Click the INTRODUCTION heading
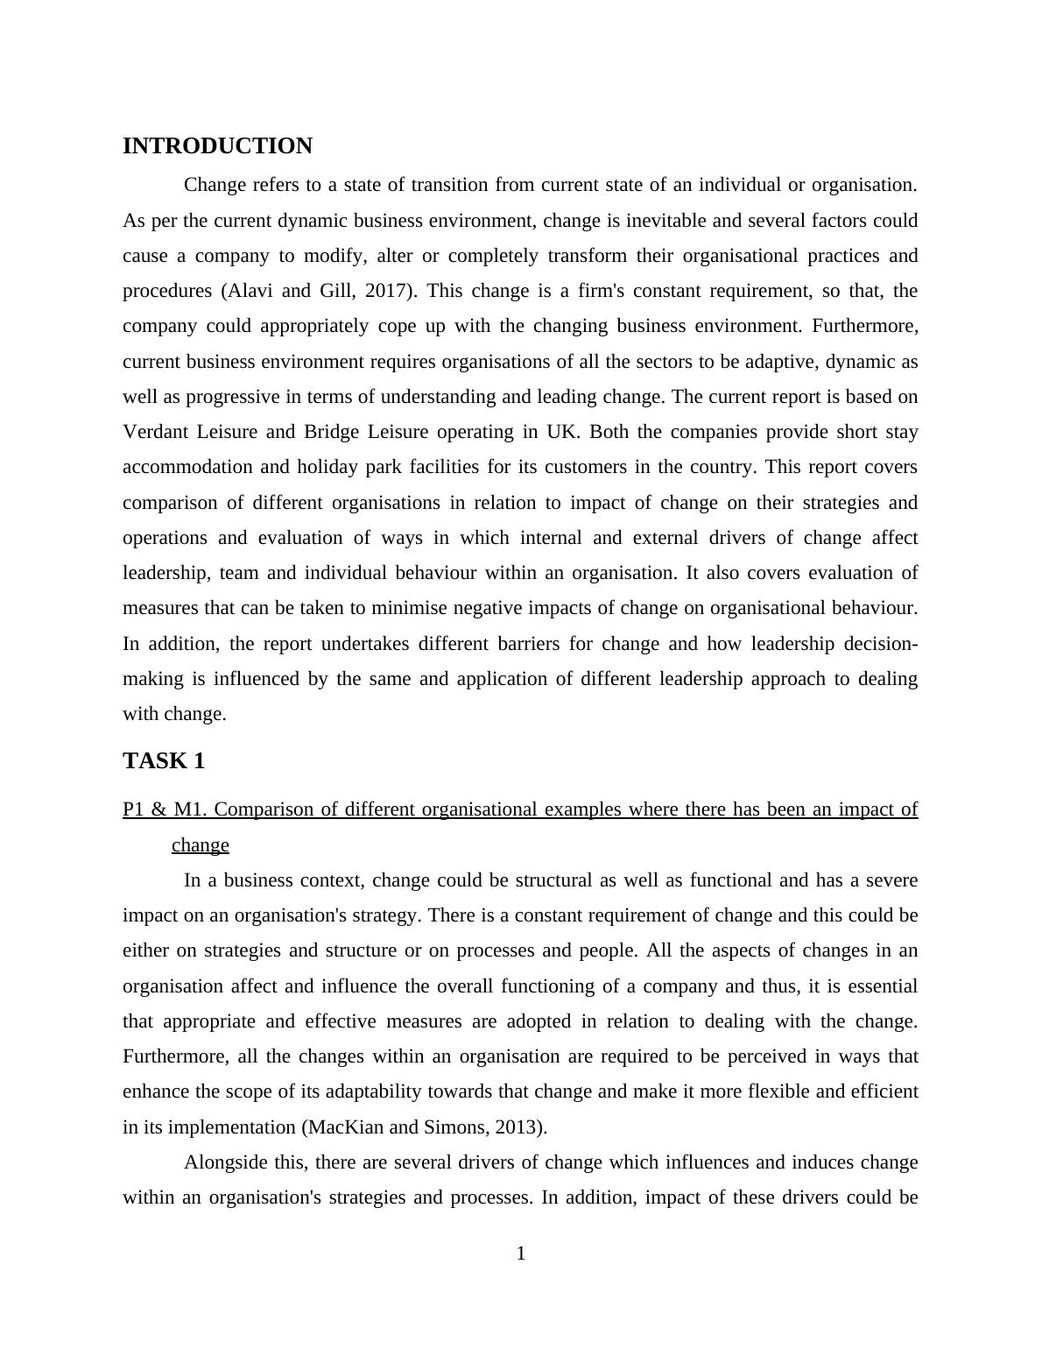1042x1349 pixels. click(217, 146)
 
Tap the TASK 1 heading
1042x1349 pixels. click(164, 761)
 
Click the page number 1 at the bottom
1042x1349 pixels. click(521, 1254)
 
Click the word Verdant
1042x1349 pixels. click(152, 432)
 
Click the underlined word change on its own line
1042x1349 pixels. click(201, 845)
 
